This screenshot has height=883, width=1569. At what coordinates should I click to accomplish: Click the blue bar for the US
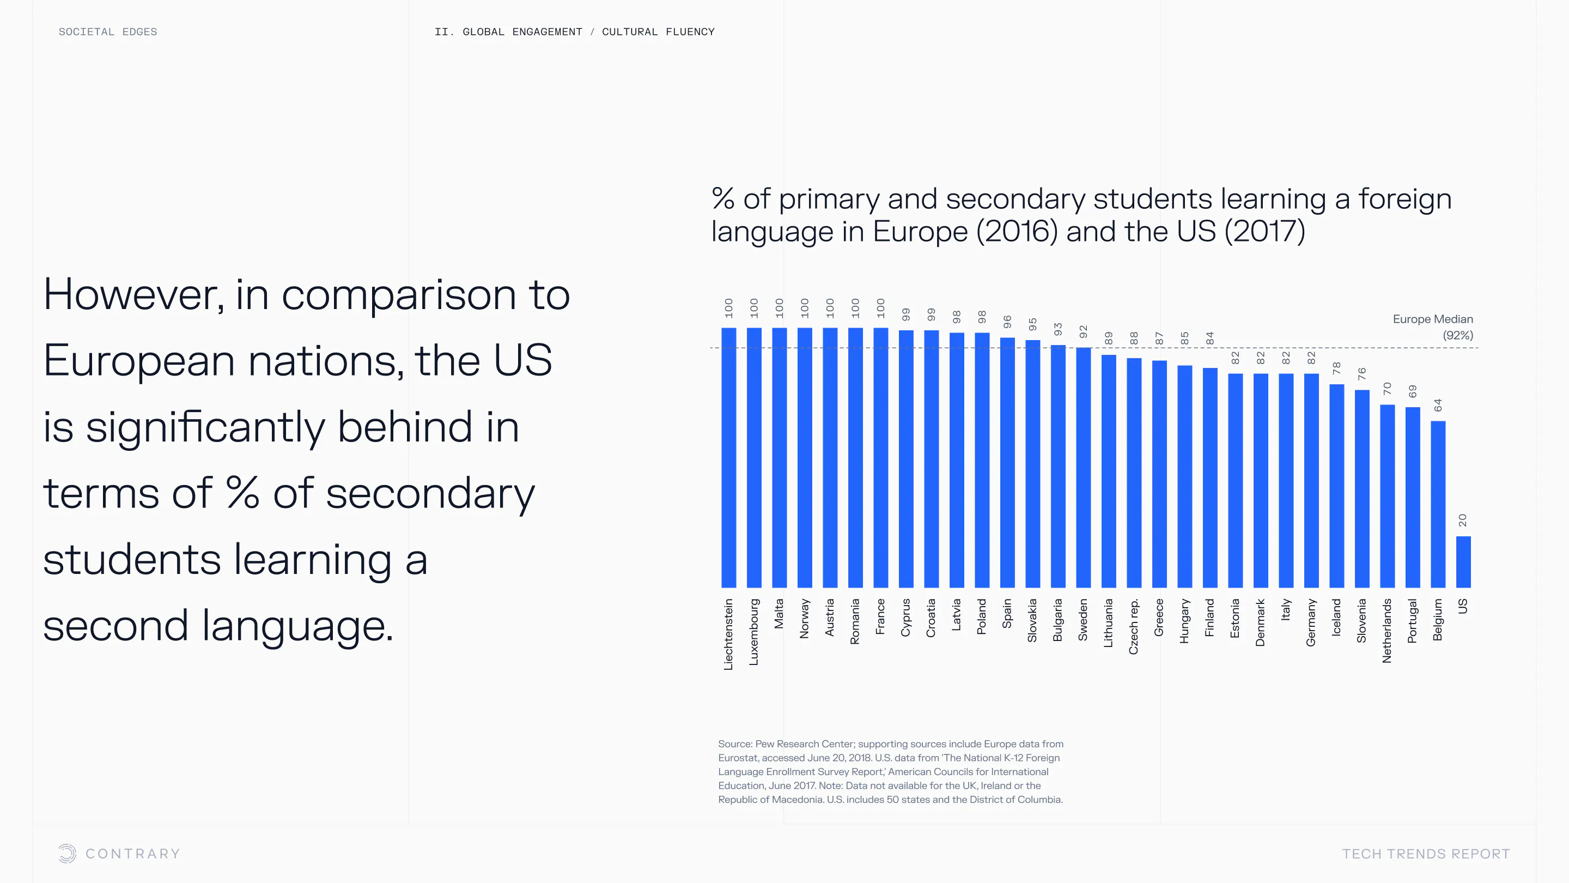[1463, 562]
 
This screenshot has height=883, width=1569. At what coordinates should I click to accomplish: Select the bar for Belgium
[1438, 504]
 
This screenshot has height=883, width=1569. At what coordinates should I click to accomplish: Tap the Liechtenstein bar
[728, 457]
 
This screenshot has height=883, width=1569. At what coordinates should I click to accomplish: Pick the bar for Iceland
[1336, 486]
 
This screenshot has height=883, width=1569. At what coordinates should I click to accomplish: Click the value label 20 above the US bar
[1463, 520]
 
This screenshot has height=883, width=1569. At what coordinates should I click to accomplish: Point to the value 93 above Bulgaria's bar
[1058, 329]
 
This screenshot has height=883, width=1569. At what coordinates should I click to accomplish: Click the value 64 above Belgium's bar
[1438, 405]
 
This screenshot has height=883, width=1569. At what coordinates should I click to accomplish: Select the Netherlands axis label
[1387, 630]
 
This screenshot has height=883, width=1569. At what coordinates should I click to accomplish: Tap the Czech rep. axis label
[1134, 626]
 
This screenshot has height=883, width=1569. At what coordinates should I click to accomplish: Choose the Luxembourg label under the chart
[754, 631]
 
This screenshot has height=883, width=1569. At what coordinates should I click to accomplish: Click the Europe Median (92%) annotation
[1433, 327]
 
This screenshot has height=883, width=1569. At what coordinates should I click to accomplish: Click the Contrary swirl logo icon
[67, 853]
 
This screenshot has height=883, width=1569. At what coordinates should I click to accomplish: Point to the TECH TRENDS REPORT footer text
[1426, 854]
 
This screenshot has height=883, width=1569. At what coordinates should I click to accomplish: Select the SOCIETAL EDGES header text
[108, 32]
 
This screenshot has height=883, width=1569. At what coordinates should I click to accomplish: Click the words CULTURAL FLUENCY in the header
[658, 32]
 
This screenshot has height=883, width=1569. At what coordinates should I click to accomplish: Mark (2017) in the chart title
[1264, 231]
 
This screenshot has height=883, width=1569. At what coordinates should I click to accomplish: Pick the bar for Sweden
[1083, 468]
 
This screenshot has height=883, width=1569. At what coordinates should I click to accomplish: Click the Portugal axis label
[1413, 620]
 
